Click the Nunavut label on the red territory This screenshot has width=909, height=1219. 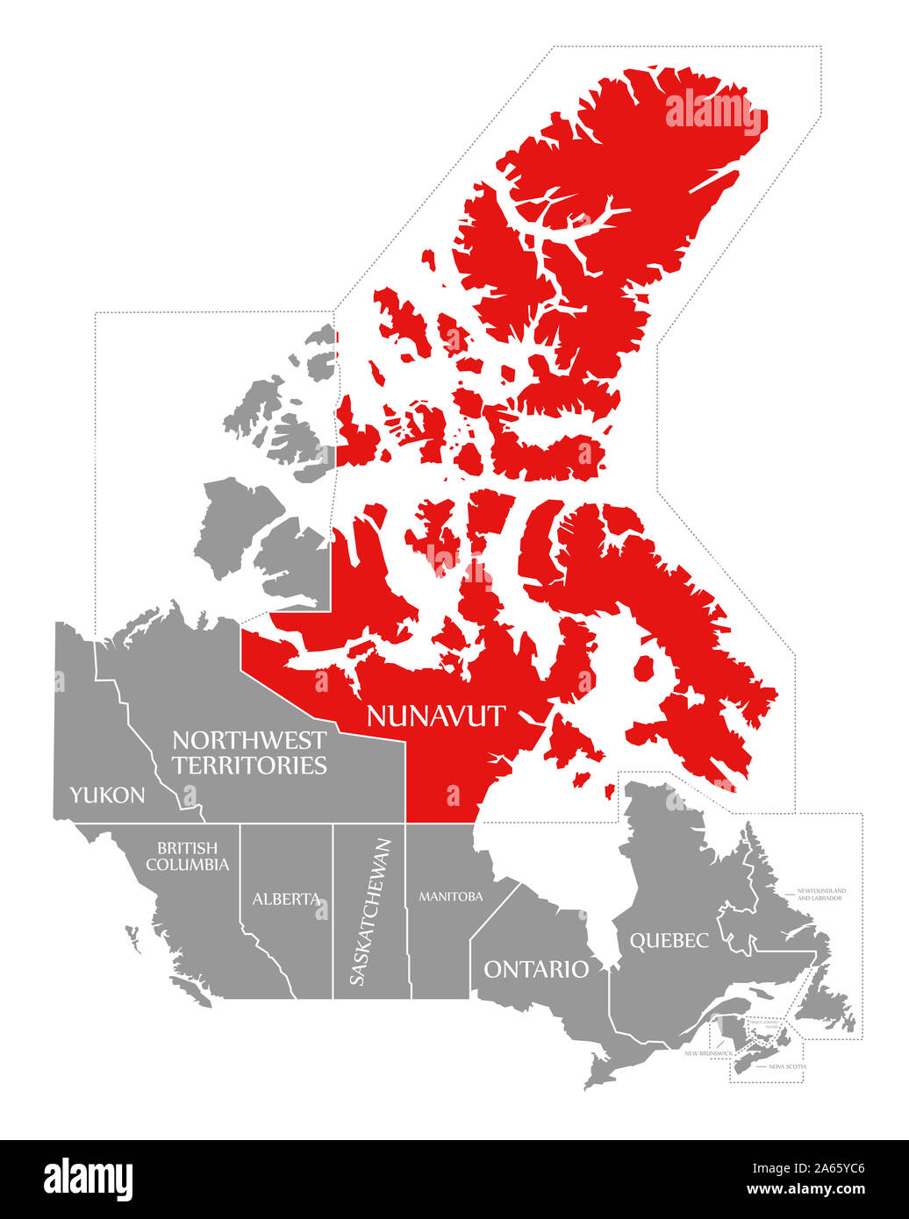(x=435, y=716)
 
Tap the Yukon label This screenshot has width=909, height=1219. (x=107, y=795)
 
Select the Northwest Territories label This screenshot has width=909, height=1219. (x=249, y=752)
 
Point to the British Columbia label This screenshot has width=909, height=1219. (x=187, y=856)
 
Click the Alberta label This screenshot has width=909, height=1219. (x=286, y=899)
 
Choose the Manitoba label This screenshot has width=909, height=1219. (x=450, y=896)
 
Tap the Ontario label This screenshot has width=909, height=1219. (x=536, y=969)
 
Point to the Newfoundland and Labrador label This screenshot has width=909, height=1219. (x=821, y=894)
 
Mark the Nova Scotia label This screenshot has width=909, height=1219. (x=787, y=1066)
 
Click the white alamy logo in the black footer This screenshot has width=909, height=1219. (x=88, y=1180)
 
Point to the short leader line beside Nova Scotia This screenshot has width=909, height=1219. (x=760, y=1067)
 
